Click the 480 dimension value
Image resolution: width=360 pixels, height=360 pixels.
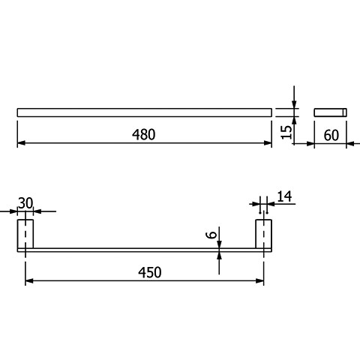pos(143,134)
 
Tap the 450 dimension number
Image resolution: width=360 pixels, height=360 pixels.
pos(150,272)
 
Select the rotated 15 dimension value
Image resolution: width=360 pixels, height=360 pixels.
pos(286,132)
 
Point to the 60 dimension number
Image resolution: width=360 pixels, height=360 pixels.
pos(331,135)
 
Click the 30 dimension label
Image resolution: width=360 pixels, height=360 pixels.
pos(25,203)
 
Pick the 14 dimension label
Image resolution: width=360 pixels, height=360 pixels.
pos(284,196)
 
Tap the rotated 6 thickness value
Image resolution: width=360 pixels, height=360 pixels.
pos(211,235)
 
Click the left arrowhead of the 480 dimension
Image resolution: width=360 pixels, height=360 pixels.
pos(21,143)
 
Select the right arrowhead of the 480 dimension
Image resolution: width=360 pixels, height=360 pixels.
pos(268,143)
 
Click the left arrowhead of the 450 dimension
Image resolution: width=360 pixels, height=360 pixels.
pos(29,281)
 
